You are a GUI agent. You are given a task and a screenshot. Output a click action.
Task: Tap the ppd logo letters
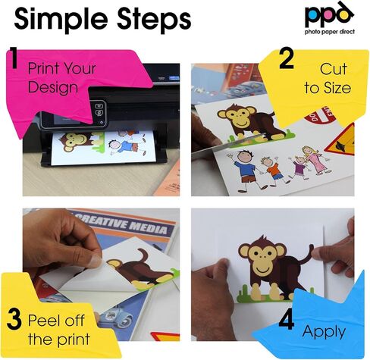click(329, 14)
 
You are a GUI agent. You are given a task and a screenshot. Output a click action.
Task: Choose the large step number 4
click(287, 319)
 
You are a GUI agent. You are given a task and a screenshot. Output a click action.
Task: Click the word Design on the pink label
click(53, 87)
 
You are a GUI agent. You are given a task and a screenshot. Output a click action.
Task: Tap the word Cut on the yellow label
click(333, 69)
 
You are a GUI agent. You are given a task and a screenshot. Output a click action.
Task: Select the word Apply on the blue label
click(324, 332)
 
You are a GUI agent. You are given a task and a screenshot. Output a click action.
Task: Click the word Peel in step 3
click(44, 321)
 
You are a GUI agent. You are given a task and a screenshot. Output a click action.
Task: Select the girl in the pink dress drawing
click(313, 161)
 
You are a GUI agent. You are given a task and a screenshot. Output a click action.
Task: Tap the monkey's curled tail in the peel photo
click(143, 256)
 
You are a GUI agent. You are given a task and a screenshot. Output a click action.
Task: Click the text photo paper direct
click(330, 32)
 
